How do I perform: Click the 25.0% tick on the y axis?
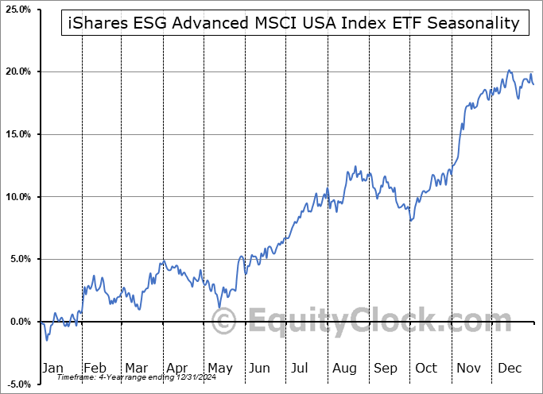coord(16,10)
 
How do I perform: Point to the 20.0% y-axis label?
coord(16,71)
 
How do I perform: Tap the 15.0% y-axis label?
coord(16,134)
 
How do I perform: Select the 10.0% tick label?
coord(16,197)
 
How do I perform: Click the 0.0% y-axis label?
coord(17,322)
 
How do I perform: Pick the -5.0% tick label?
coord(16,384)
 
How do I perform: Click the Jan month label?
coord(52,368)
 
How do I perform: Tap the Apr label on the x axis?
coord(177,368)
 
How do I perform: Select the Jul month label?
coord(301,368)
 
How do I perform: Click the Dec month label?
coord(509,368)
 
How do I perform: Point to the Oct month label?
coord(426,368)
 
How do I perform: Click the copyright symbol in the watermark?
coord(226,322)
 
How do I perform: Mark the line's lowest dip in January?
coord(47,340)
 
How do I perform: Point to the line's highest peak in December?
coord(509,71)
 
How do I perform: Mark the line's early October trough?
coord(410,220)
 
